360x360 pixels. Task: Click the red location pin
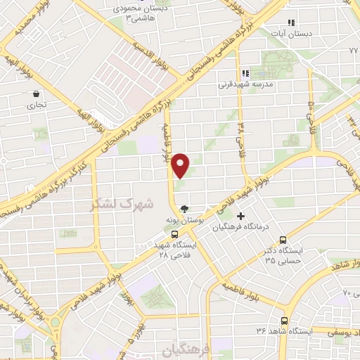point(181,166)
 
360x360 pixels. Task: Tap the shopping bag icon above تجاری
point(35,93)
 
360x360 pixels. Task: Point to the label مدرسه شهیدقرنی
point(242,84)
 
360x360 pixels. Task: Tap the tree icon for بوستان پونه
point(184,208)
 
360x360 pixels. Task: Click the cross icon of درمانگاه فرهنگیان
point(242,216)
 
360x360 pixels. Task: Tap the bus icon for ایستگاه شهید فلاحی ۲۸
point(174,236)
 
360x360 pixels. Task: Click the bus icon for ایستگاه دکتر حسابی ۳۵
point(284,240)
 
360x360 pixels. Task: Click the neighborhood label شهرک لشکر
point(112,205)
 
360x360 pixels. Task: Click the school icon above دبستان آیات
point(291,22)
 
